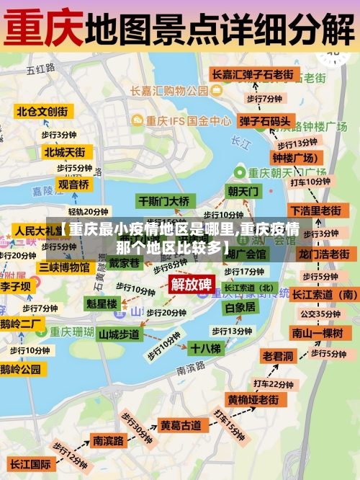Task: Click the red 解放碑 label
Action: pyautogui.click(x=191, y=283)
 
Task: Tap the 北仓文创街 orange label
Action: pyautogui.click(x=42, y=112)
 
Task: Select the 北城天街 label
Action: pyautogui.click(x=64, y=152)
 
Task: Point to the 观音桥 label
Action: pyautogui.click(x=73, y=185)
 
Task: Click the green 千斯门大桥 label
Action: pyautogui.click(x=164, y=201)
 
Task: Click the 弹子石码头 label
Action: pyautogui.click(x=265, y=121)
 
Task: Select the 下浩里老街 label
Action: pyautogui.click(x=315, y=210)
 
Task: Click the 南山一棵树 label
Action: pyautogui.click(x=316, y=332)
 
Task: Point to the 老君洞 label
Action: pyautogui.click(x=278, y=356)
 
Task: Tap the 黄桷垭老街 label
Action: pyautogui.click(x=253, y=399)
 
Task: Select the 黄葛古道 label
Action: pyautogui.click(x=180, y=426)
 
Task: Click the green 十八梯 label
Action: pyautogui.click(x=206, y=348)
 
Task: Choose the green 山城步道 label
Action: pyautogui.click(x=119, y=334)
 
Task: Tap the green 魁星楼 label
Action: pyautogui.click(x=102, y=304)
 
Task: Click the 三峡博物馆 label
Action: pyautogui.click(x=65, y=267)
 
